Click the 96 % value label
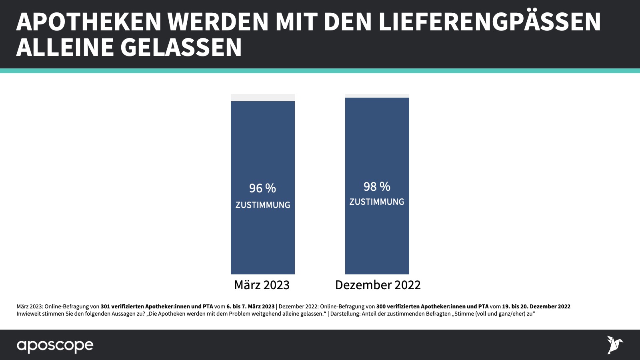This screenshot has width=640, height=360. pos(262,188)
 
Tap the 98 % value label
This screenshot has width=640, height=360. pos(377,186)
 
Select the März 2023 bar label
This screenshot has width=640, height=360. pos(262,285)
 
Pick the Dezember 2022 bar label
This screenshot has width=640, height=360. pos(378,285)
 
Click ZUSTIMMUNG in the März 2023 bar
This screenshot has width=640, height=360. pos(263,205)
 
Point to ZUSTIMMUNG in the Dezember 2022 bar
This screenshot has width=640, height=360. pos(377,202)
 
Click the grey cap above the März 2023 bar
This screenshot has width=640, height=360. pos(263,98)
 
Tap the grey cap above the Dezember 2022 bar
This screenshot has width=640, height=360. pos(377,96)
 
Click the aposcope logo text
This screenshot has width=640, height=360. pos(55,346)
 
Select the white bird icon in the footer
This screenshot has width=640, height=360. pos(614,344)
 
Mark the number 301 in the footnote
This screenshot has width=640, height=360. pos(105,306)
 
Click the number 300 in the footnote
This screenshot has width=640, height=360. pos(381,306)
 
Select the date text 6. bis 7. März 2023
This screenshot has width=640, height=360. pos(250,306)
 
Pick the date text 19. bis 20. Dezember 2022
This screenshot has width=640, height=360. pos(536,306)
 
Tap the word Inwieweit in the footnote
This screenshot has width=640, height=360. pos(28,314)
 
